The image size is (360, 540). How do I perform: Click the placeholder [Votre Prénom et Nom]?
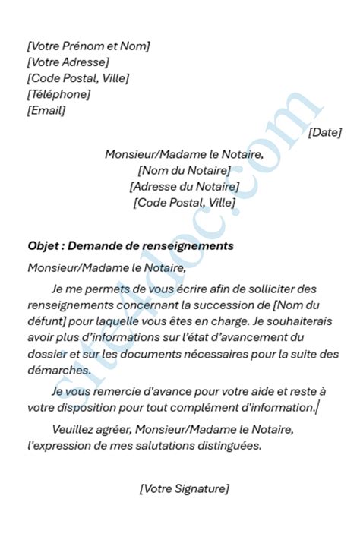tap(88, 46)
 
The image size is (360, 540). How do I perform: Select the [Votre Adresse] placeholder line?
tap(68, 62)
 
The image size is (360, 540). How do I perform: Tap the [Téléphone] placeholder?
tap(58, 94)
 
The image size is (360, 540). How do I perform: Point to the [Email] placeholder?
tap(46, 110)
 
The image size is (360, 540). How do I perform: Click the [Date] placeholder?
tap(325, 131)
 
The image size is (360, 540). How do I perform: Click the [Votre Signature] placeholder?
tap(184, 488)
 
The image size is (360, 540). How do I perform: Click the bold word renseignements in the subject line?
tap(189, 247)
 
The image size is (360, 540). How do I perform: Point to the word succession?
tap(229, 305)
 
